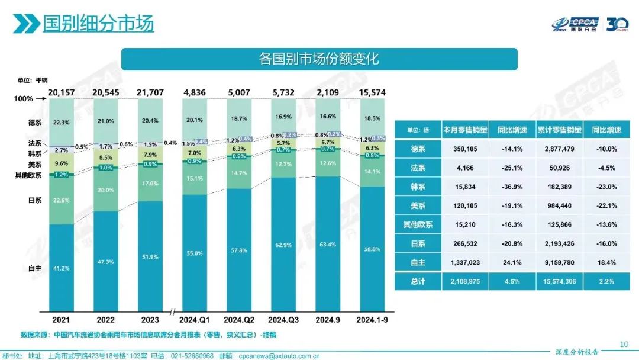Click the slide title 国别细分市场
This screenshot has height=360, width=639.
[x=98, y=23]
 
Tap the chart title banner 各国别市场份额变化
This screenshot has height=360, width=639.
[x=319, y=59]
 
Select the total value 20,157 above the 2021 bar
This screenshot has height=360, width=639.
[x=62, y=92]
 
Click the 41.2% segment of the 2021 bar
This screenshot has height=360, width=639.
[x=62, y=268]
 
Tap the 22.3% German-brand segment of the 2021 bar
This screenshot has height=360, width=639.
[x=62, y=122]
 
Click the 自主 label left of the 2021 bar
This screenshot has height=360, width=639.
[x=34, y=268]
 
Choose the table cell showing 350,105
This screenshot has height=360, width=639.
[x=464, y=149]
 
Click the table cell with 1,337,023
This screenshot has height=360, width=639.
[x=464, y=262]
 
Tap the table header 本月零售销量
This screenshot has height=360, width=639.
[x=464, y=130]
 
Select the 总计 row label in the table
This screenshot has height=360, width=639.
[x=418, y=281]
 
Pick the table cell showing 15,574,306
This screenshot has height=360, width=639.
[x=559, y=281]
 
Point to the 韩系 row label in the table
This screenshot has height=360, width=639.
[x=418, y=187]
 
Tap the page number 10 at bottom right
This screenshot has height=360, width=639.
[x=623, y=343]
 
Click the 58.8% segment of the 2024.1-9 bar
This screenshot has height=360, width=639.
[x=372, y=250]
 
